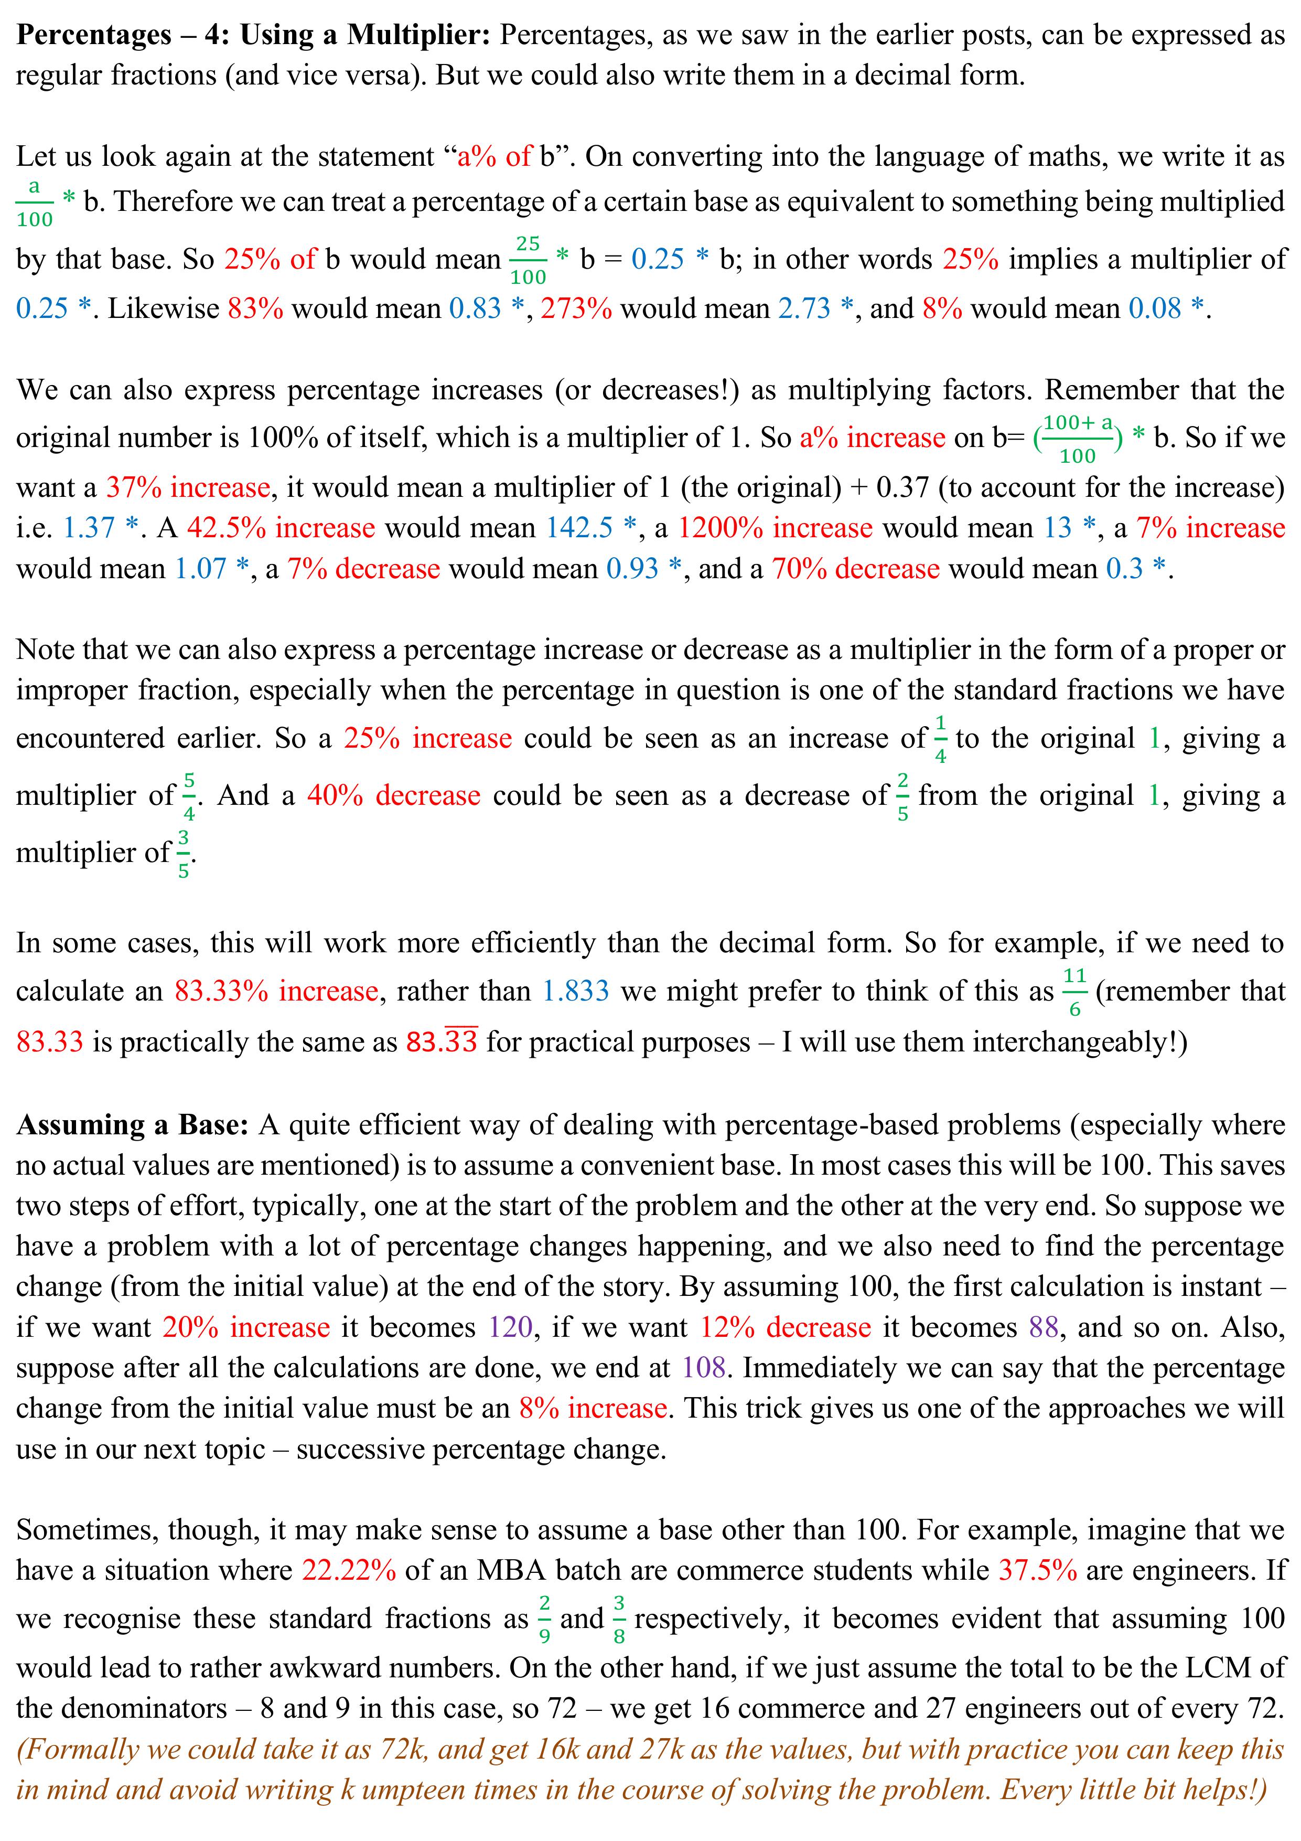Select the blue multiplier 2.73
click(x=804, y=308)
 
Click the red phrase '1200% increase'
click(x=775, y=528)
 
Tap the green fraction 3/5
click(x=184, y=853)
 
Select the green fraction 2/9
click(x=544, y=1619)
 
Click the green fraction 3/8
click(x=619, y=1619)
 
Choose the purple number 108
click(x=704, y=1367)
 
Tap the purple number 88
click(x=1044, y=1327)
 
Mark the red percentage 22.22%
click(x=349, y=1570)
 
